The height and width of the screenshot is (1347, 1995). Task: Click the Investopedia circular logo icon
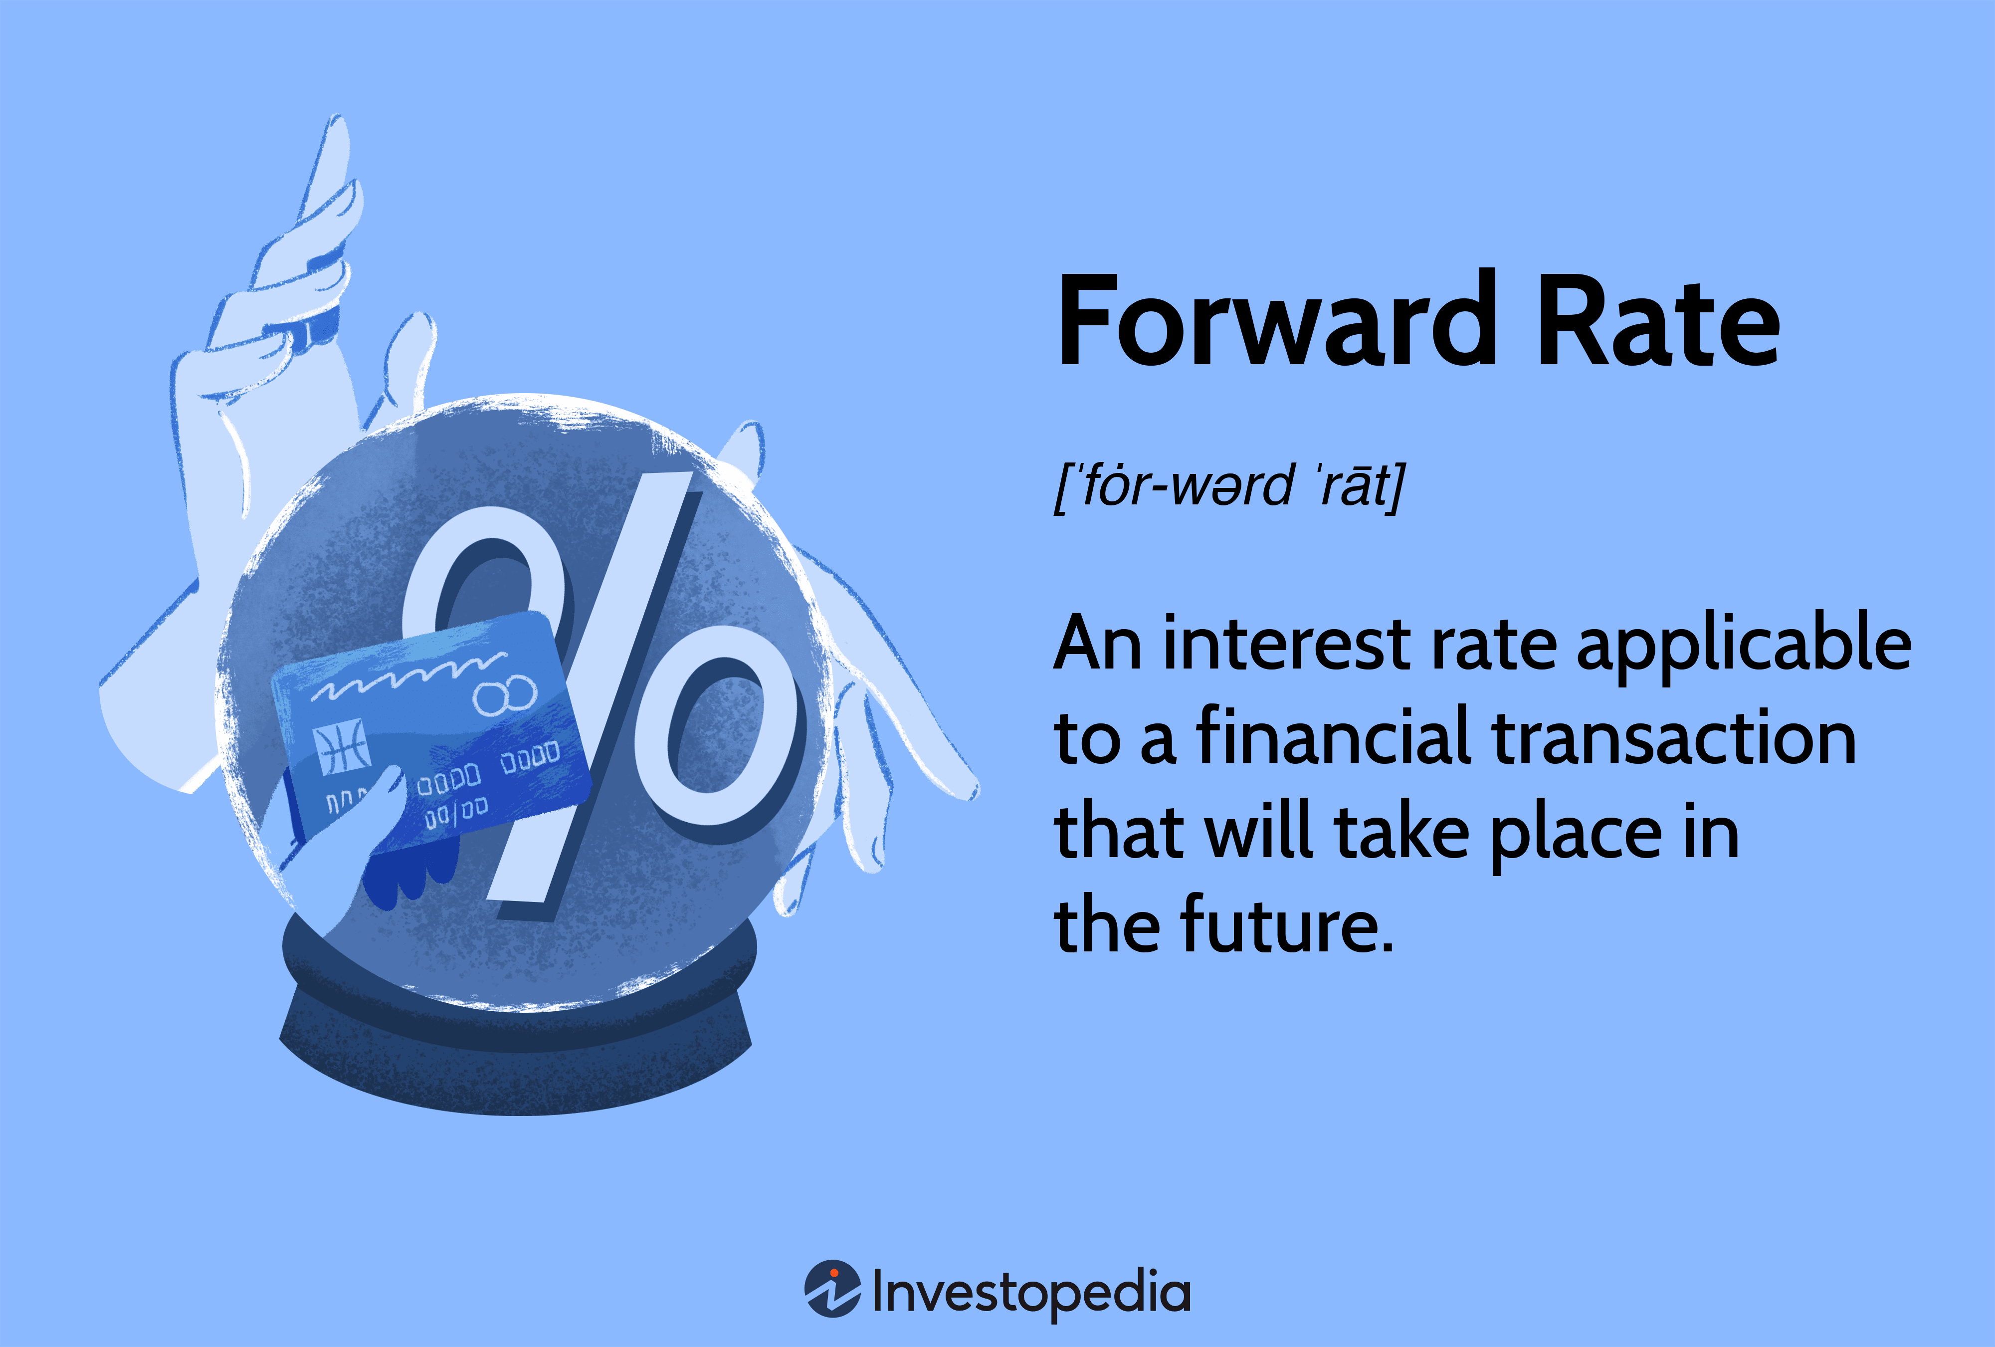pyautogui.click(x=831, y=1288)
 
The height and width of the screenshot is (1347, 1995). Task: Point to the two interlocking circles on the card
pyautogui.click(x=505, y=693)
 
